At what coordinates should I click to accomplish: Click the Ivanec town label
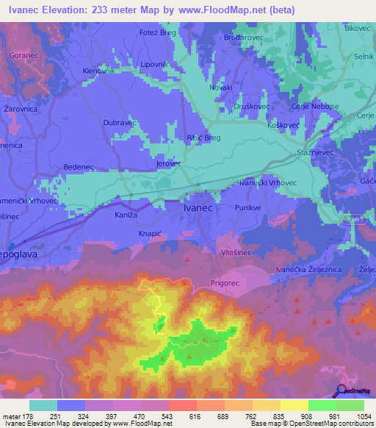click(197, 208)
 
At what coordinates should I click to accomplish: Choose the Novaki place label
click(221, 87)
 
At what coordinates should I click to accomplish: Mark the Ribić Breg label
click(203, 138)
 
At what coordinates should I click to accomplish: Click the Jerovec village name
click(168, 164)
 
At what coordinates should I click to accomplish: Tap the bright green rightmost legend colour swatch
click(350, 405)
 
